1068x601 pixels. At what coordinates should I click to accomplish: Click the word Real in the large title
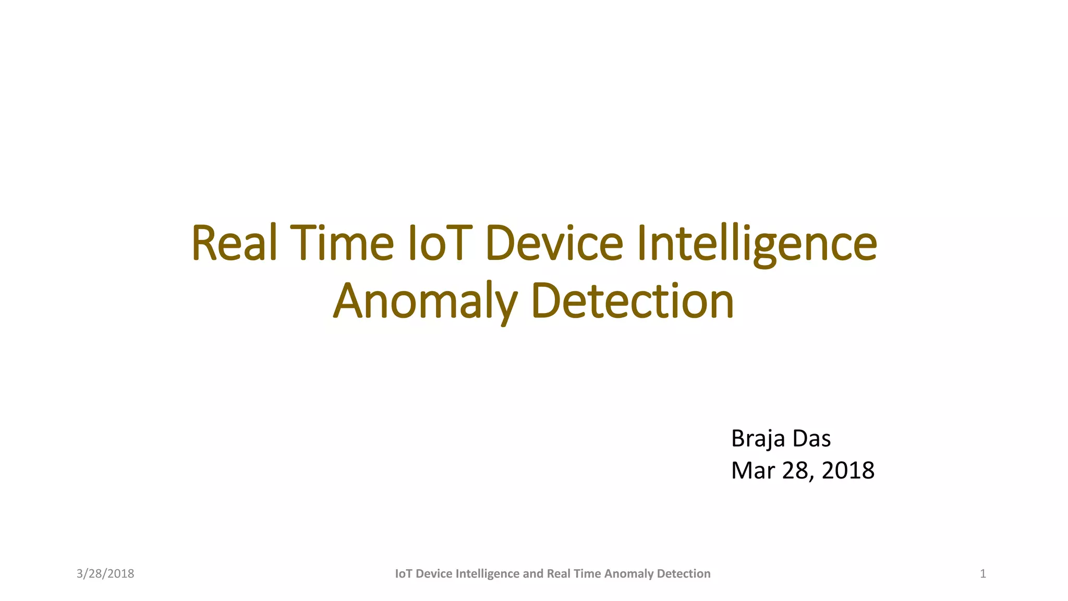(234, 243)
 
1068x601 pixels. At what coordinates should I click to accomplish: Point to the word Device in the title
(554, 243)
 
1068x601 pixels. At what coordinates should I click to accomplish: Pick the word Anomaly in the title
(425, 302)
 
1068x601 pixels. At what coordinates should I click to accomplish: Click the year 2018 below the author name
(848, 471)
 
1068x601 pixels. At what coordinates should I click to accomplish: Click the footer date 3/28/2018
(105, 574)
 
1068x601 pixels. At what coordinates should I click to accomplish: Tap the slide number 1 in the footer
(983, 574)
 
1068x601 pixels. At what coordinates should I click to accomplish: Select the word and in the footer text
(533, 574)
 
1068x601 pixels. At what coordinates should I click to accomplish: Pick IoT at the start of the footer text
(404, 574)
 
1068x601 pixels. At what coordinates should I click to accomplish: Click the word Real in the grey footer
(559, 574)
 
